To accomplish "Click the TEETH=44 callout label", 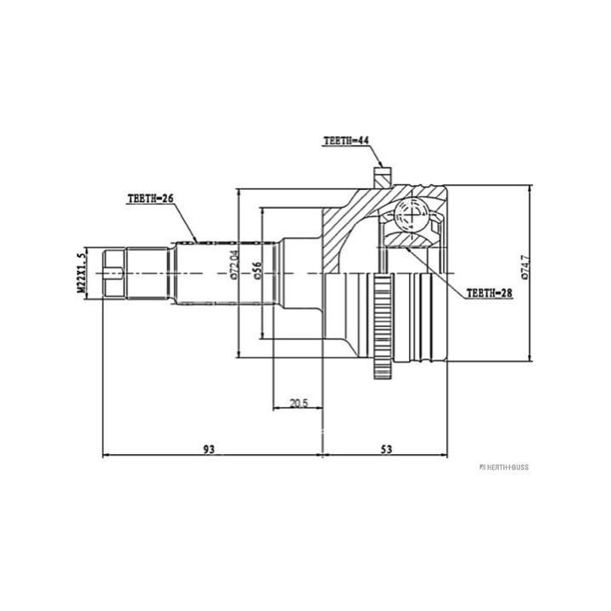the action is pos(346,141).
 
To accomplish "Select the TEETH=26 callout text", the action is pos(150,199).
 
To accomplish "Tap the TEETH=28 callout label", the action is pos(490,293).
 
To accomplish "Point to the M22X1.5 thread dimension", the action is pos(81,272).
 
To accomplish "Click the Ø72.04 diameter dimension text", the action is pos(233,266).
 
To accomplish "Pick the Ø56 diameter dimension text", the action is pos(258,271).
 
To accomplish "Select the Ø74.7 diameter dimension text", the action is pos(525,267).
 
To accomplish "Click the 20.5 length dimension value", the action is pos(299,403).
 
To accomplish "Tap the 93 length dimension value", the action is pos(210,449).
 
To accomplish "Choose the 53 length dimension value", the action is pos(386,449).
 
